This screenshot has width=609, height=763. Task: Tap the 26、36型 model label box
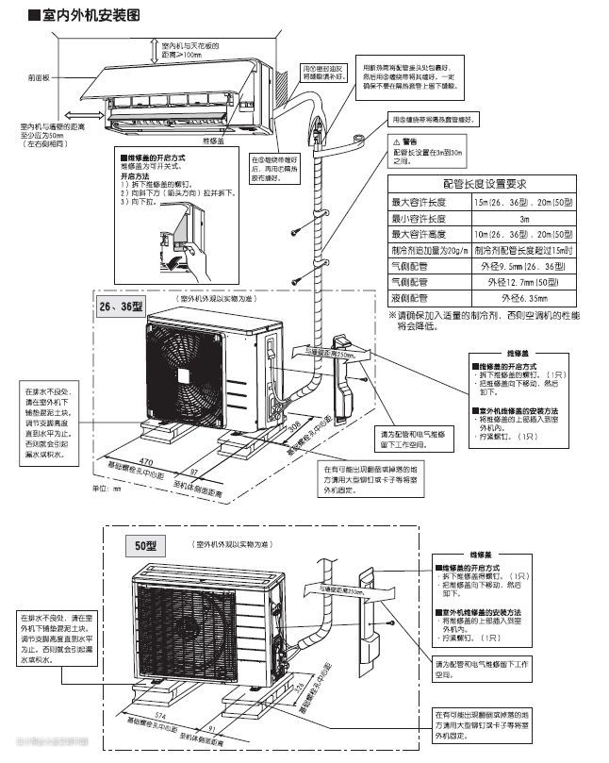[120, 307]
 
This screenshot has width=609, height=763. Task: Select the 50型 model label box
[144, 545]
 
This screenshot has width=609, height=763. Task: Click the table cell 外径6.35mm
[524, 297]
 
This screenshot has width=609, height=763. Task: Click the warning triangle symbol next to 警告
[397, 141]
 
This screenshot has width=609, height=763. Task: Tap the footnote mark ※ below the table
[393, 314]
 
